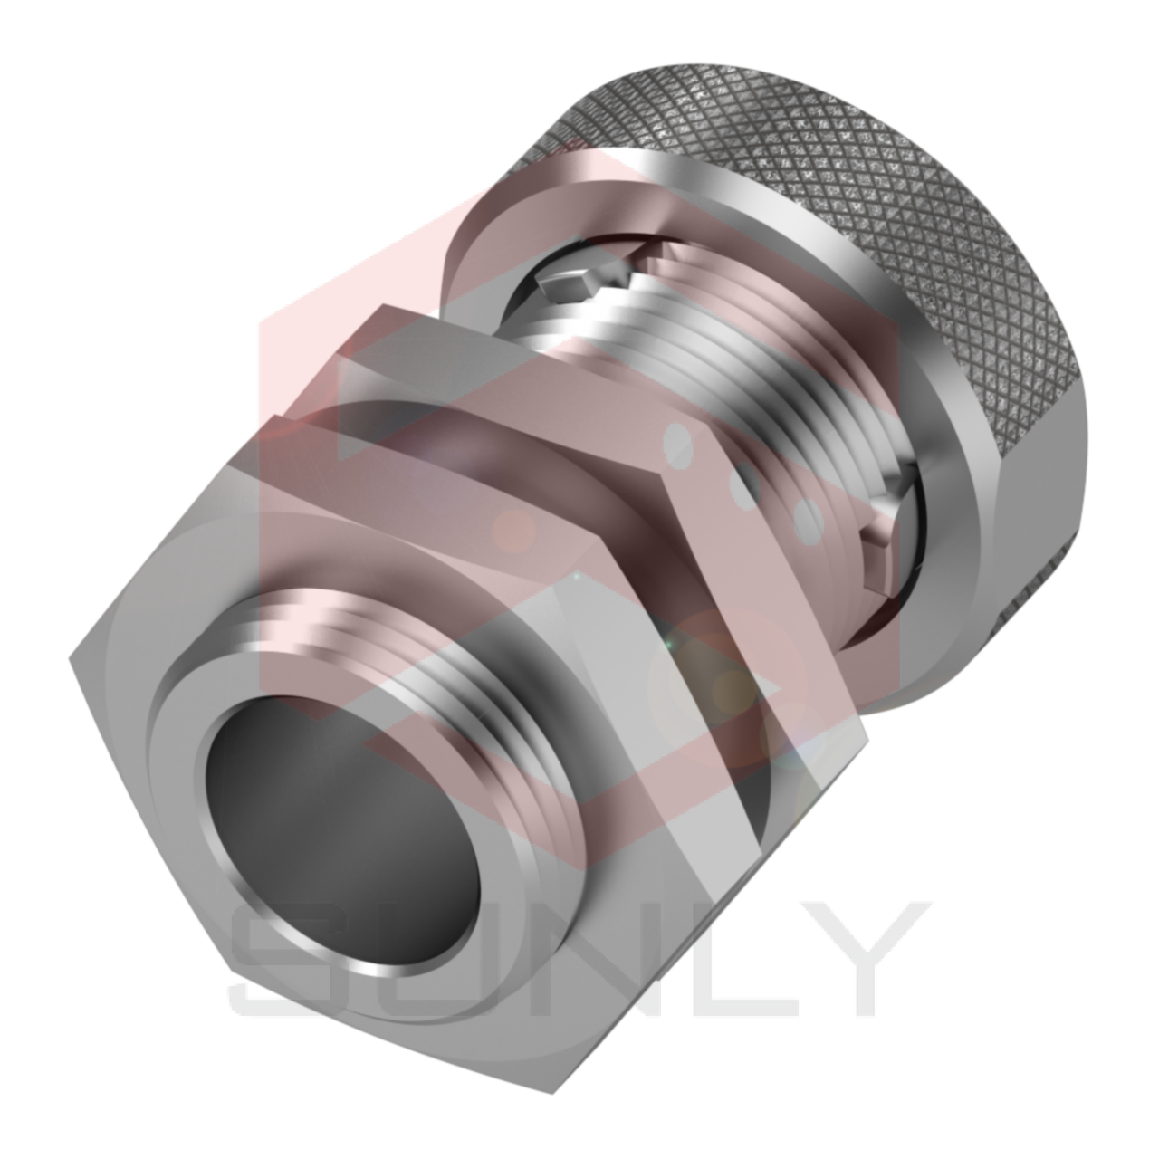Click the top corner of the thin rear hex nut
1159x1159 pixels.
(x=380, y=312)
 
